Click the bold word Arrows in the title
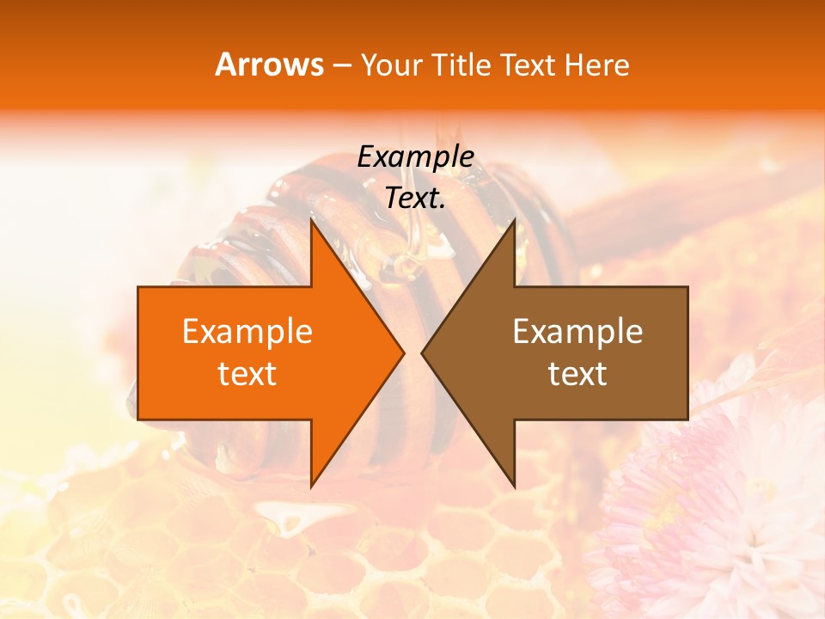(x=269, y=64)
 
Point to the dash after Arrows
(x=342, y=66)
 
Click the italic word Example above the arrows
(x=415, y=157)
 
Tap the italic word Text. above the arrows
(x=415, y=199)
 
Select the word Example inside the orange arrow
(x=247, y=332)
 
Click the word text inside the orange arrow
(x=247, y=374)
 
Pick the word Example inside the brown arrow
(x=577, y=332)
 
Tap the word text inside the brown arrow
(x=577, y=374)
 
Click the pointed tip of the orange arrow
(x=403, y=352)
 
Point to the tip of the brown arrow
(x=422, y=352)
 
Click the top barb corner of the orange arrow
(x=311, y=220)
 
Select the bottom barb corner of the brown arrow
(x=515, y=487)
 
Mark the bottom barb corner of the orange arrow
(x=311, y=487)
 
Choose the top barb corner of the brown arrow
(x=515, y=220)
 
